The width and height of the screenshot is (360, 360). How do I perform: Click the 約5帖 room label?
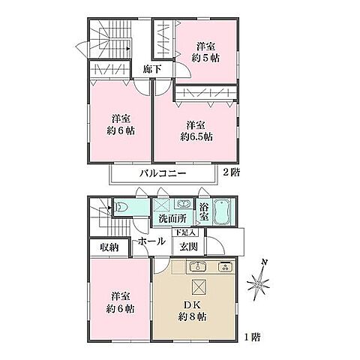(205, 51)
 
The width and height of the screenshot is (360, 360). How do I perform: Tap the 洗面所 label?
(172, 220)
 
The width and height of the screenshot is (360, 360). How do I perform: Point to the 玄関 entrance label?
(187, 247)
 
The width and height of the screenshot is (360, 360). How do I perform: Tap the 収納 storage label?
(110, 247)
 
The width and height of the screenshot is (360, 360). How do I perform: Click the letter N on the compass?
(263, 262)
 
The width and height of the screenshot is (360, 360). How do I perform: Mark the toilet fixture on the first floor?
(123, 207)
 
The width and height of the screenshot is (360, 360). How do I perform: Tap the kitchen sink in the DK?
(196, 267)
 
